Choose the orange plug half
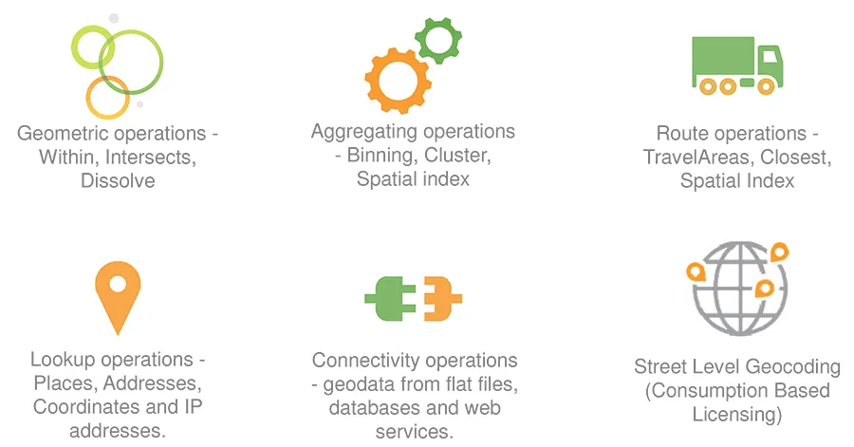442,298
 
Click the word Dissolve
118,180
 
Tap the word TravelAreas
698,158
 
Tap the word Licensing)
737,415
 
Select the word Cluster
457,156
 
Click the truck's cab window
769,57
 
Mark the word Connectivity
358,361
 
